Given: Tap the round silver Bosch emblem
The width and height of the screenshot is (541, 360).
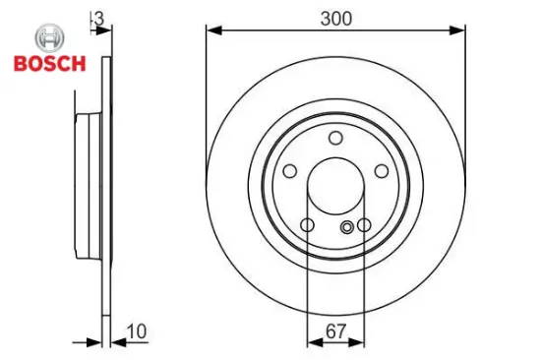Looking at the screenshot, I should pos(48,38).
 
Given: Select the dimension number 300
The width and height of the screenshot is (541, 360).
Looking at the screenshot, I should pos(335,17).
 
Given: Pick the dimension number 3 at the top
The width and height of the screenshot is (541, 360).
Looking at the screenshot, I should pos(99,17).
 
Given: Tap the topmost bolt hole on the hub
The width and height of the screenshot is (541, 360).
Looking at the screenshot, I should pos(335,137).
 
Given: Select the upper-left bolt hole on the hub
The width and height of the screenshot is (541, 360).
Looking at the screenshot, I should pos(289,170).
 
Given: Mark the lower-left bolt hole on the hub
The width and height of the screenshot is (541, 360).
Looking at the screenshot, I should pos(307,226).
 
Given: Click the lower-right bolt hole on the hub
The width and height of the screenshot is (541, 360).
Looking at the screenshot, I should pos(364,226).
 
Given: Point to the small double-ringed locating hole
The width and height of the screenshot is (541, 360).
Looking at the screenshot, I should pos(346,228).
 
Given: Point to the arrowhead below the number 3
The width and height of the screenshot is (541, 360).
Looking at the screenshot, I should pos(98,30).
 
